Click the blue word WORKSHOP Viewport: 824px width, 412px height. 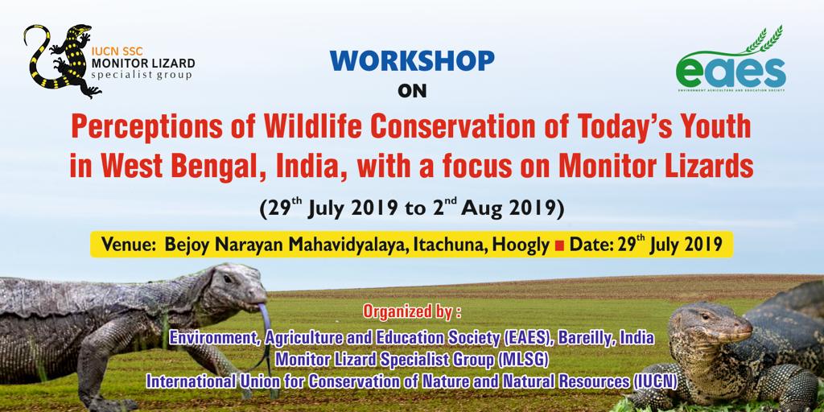point(412,61)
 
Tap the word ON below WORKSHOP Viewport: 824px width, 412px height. point(412,92)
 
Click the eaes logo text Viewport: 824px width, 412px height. point(731,72)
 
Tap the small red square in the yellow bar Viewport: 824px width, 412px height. point(559,245)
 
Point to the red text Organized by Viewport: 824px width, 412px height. point(412,311)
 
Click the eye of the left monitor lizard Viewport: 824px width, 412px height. point(228,279)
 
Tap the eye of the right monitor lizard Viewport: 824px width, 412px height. point(705,317)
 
